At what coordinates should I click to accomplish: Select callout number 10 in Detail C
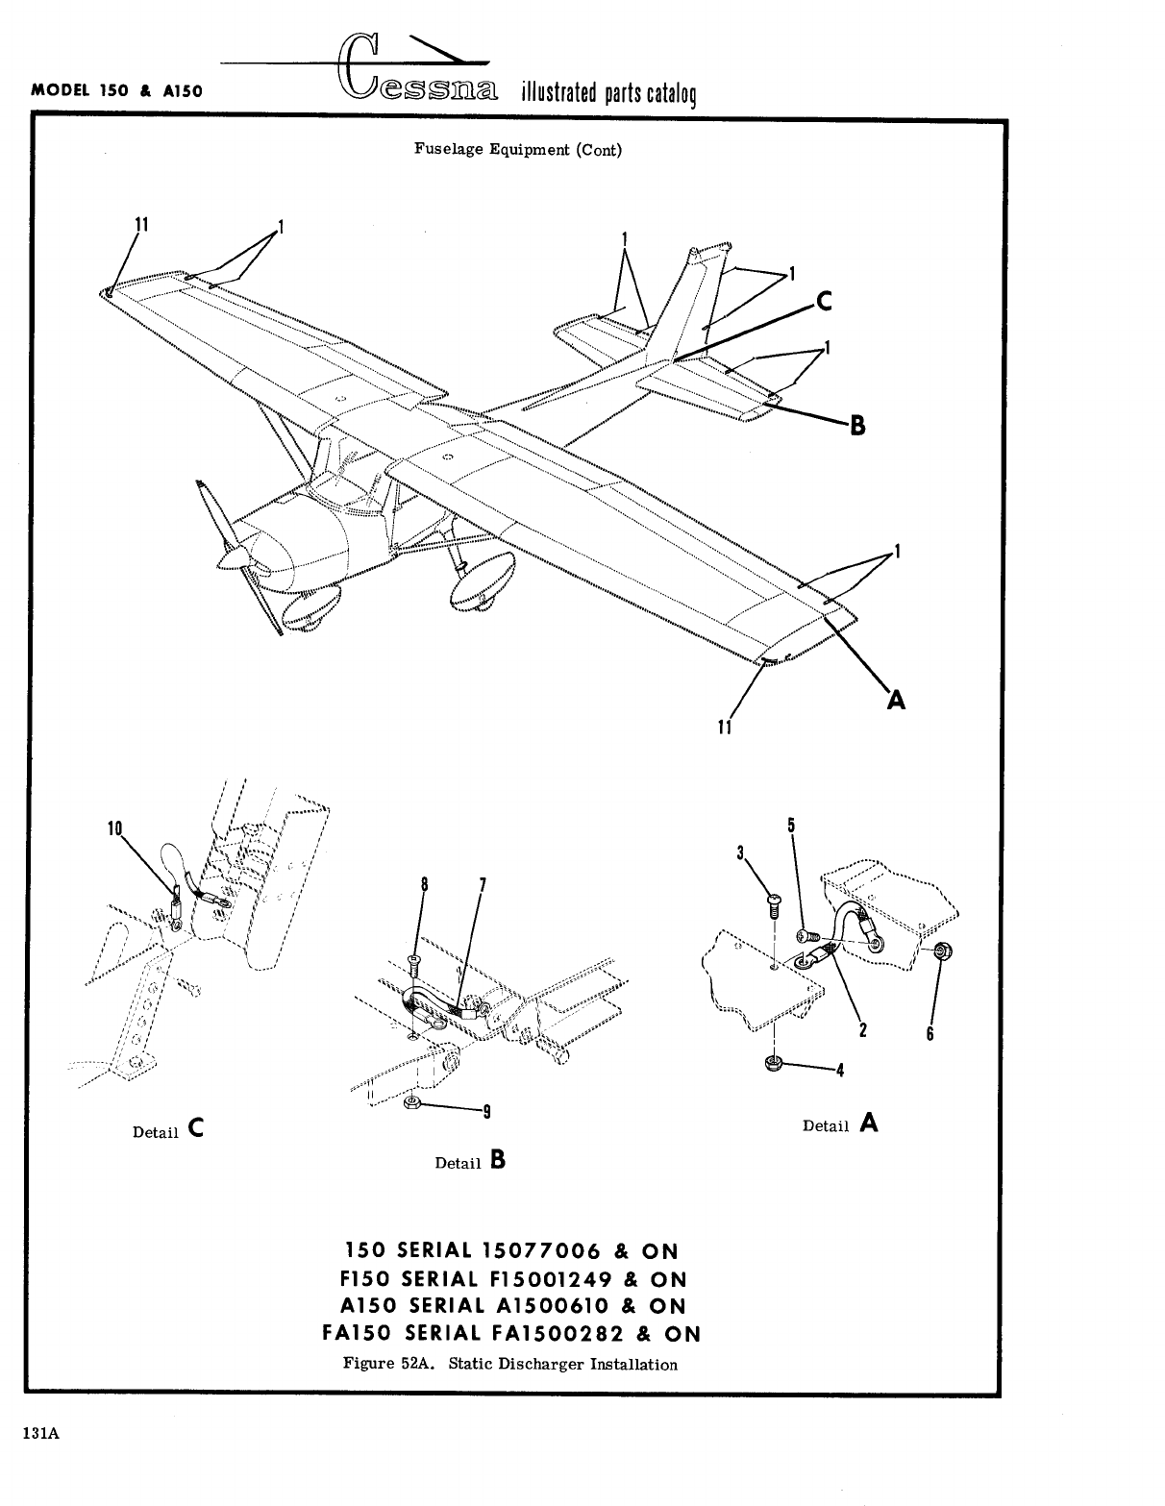coord(115,827)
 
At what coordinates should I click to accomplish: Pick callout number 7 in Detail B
coord(482,884)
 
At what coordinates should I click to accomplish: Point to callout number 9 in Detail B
coord(487,1113)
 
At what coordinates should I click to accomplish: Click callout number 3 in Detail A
coord(741,852)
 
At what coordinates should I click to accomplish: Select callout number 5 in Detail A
coord(790,824)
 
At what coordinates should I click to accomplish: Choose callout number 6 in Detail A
coord(930,1033)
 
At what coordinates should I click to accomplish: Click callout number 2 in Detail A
coord(862,1031)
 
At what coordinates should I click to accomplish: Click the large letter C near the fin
coord(823,302)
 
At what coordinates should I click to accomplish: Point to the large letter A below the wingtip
coord(896,700)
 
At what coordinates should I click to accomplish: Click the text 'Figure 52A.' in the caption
coord(384,1364)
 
